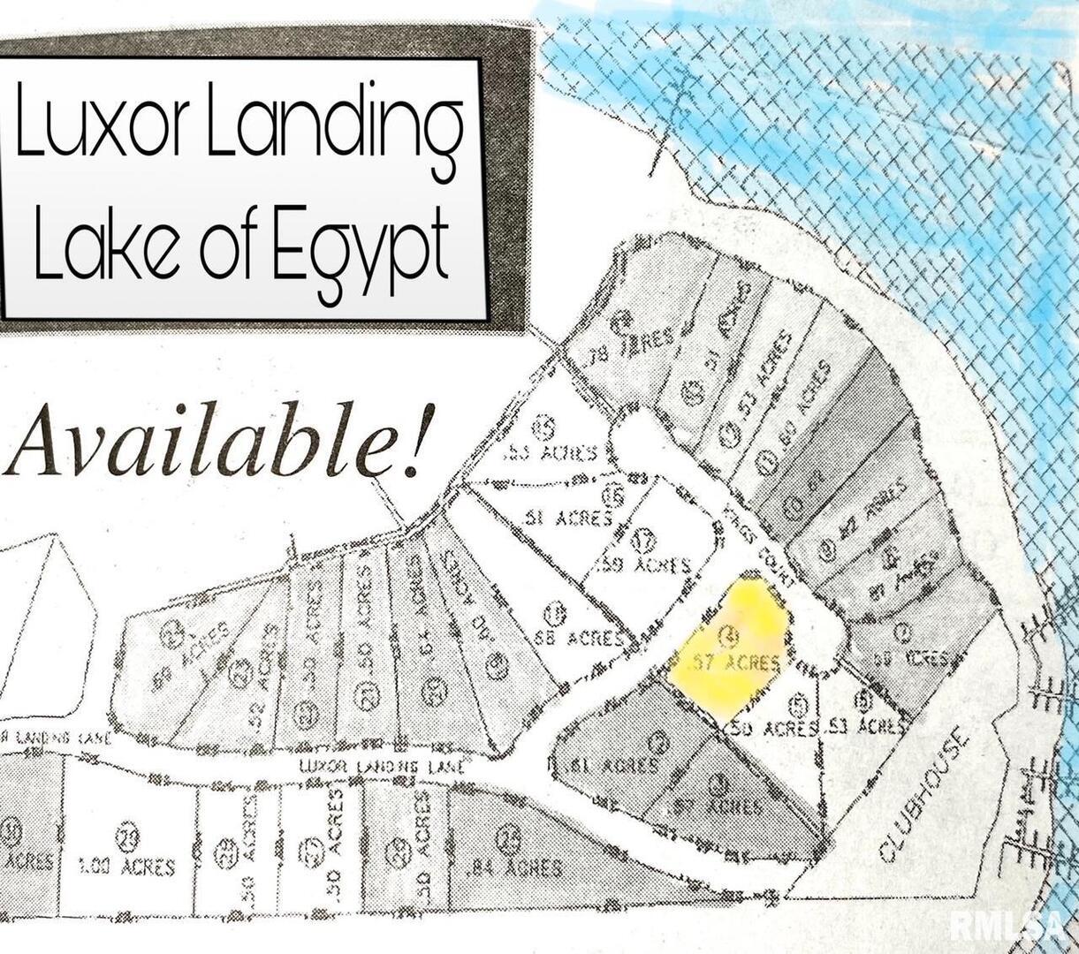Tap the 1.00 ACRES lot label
tap(126, 866)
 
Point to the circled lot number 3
tap(721, 781)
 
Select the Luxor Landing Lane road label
tap(381, 767)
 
